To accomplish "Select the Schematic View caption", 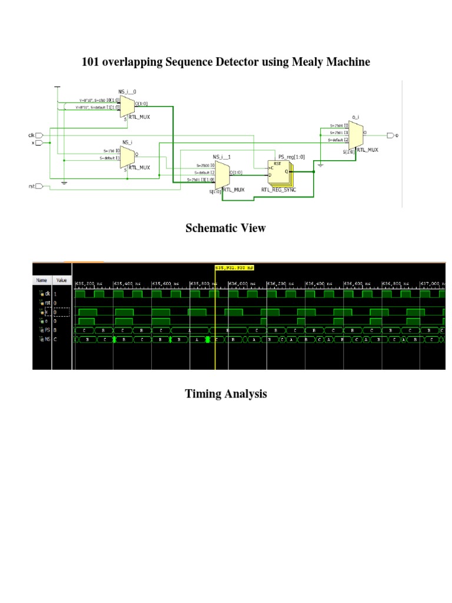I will tap(225, 228).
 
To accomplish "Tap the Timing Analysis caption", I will tap(225, 393).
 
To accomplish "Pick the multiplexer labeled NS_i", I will tap(127, 156).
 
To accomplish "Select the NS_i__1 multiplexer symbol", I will tap(222, 175).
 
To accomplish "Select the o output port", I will tap(390, 135).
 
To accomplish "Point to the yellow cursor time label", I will tap(234, 268).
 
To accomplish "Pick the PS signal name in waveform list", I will tap(45, 330).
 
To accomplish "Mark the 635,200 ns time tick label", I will tap(88, 283).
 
